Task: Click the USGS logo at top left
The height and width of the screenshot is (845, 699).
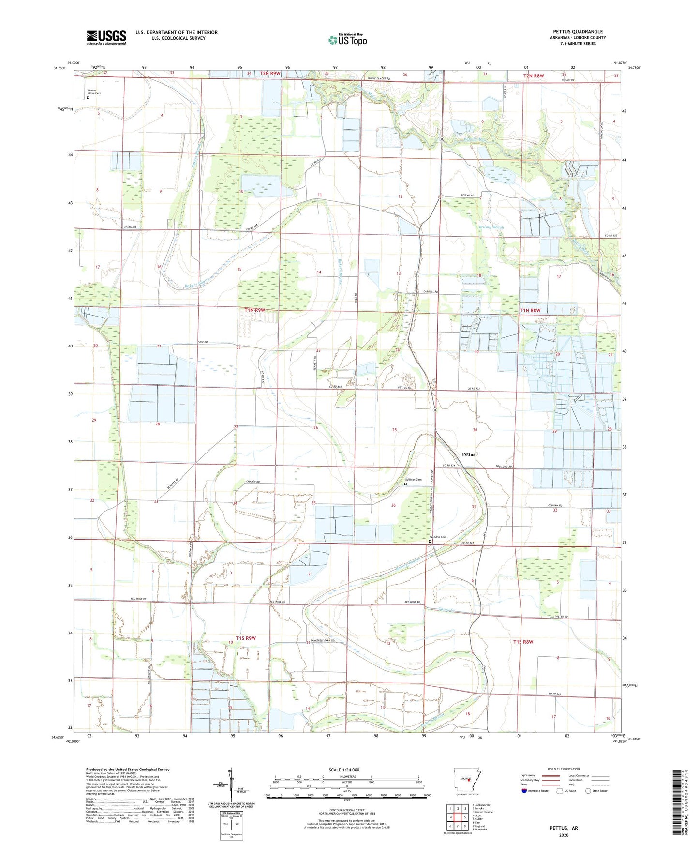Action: coord(106,37)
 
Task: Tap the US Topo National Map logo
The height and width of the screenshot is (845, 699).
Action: coord(347,40)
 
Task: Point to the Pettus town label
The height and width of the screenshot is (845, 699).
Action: coord(468,454)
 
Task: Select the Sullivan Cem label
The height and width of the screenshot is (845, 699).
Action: coord(413,480)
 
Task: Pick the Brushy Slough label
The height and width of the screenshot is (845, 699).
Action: coord(491,227)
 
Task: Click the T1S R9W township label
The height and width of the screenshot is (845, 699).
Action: coord(246,638)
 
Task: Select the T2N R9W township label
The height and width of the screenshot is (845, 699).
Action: coord(270,73)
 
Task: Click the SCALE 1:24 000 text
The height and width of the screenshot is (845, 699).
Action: coord(344,770)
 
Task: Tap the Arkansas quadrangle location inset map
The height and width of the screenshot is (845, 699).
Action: coord(466,780)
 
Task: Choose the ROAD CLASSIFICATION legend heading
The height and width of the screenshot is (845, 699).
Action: coord(564,769)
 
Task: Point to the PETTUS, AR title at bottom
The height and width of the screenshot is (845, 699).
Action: coord(564,828)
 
